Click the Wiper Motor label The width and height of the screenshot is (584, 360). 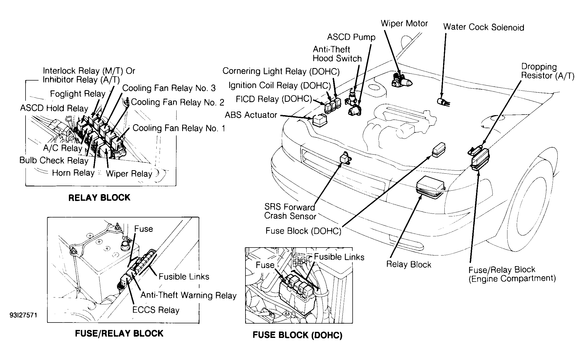404,23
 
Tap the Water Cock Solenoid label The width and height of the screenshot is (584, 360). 483,27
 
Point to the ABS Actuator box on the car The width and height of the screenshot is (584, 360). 320,120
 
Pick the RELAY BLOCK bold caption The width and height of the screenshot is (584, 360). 99,198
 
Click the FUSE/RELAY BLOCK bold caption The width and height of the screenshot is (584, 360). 119,333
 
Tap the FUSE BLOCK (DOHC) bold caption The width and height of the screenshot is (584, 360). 297,335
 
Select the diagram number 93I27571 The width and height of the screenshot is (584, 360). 23,315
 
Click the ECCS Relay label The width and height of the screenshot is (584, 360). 156,310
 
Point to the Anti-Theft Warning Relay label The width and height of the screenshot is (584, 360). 188,295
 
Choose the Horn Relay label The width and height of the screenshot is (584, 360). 73,173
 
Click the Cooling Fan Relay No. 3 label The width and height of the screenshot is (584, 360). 169,88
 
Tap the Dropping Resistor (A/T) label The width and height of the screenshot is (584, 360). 548,71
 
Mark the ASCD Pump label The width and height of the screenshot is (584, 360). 351,37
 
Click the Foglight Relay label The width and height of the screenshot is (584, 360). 78,94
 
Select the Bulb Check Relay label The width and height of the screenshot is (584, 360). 54,160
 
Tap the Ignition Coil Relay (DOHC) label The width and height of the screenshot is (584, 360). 280,85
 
